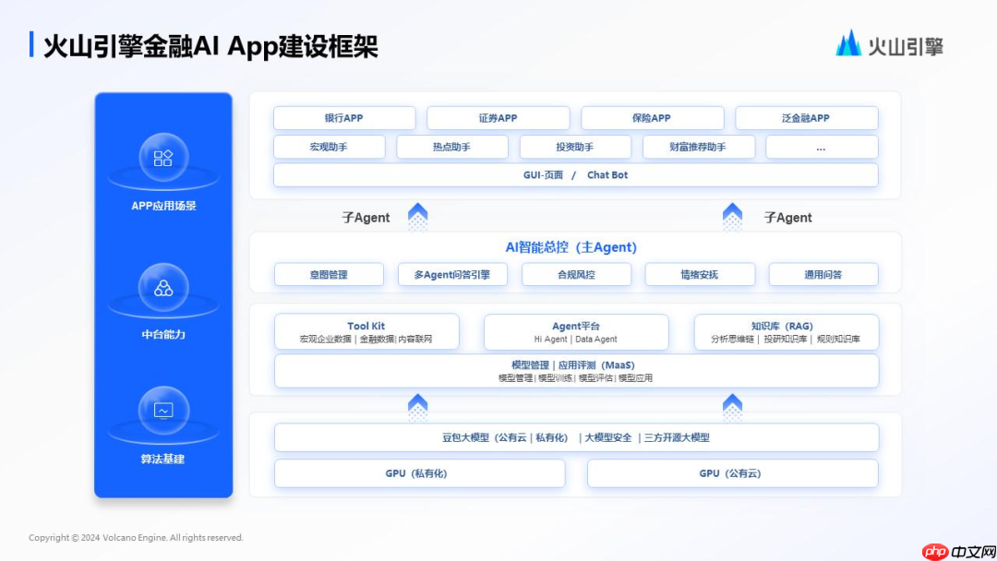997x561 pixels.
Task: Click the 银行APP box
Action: tap(343, 118)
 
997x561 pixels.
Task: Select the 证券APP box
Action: tap(498, 118)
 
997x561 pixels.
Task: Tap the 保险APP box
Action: tap(652, 118)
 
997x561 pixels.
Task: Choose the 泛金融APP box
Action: tap(806, 118)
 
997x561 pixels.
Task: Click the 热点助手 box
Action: tap(451, 147)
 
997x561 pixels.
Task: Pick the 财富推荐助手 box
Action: tap(698, 147)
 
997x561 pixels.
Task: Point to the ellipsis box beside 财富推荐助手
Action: tap(821, 147)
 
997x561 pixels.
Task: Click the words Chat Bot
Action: tap(607, 175)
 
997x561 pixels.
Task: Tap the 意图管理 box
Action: tap(329, 274)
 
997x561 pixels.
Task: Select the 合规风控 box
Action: tap(576, 274)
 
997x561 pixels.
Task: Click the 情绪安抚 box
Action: tap(699, 274)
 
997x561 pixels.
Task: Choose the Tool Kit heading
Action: tap(366, 326)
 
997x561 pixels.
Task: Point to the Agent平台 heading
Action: tap(576, 326)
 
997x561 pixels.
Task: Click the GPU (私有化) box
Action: tap(419, 473)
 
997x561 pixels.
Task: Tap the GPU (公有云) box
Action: tap(732, 473)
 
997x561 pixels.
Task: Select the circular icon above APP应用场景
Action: tap(163, 158)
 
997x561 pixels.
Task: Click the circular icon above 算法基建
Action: tap(163, 411)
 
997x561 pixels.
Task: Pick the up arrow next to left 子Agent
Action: tap(418, 217)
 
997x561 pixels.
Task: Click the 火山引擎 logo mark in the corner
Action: tap(848, 43)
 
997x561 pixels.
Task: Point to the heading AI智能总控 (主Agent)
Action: tap(571, 247)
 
